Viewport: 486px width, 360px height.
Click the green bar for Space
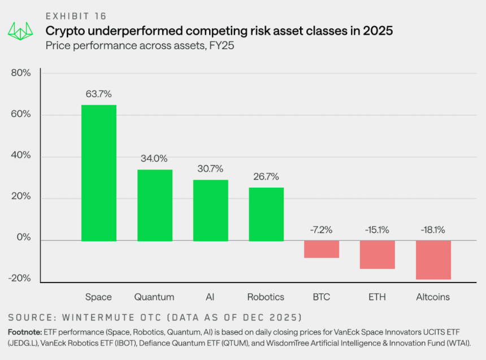point(99,172)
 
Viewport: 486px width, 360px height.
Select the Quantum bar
point(155,205)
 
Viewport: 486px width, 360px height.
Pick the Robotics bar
point(266,214)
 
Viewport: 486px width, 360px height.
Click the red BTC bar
point(322,249)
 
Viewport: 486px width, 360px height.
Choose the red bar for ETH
point(377,254)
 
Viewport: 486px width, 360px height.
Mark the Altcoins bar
point(433,260)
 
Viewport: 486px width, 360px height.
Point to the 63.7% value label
point(99,94)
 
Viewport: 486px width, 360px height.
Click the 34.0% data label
point(154,158)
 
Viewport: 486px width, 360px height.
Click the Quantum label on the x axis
point(154,297)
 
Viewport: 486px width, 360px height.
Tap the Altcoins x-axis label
point(433,297)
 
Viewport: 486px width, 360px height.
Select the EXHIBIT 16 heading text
point(76,16)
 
